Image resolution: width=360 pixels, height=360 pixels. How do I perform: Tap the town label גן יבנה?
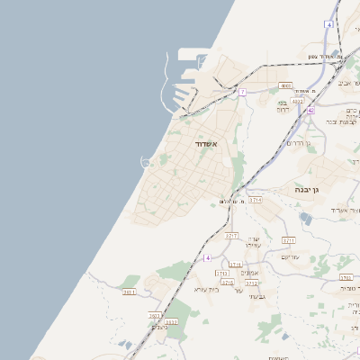[x=308, y=190]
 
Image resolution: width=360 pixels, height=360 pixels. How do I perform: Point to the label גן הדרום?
[x=299, y=143]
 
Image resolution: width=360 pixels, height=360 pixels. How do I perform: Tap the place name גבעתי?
[x=256, y=296]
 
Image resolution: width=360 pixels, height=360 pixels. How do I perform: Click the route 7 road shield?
[x=242, y=92]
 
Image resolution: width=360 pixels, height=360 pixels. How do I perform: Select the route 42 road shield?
[x=310, y=110]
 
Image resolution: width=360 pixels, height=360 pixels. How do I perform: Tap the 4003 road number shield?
[x=286, y=86]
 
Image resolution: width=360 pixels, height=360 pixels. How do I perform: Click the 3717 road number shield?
[x=231, y=235]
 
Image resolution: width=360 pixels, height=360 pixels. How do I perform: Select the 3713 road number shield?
[x=235, y=265]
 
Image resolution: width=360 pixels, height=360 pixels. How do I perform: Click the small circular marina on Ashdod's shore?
[x=145, y=162]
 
